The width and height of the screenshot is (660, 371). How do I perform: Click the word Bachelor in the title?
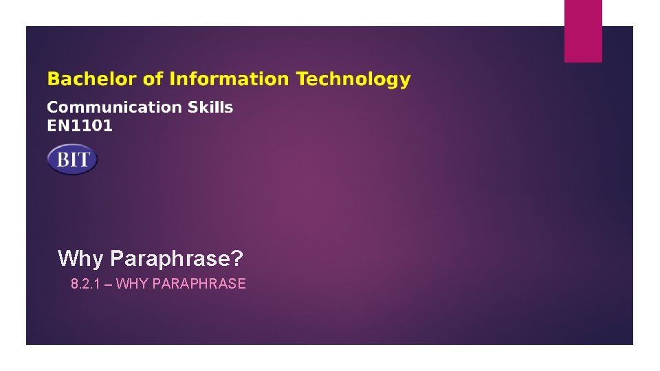(x=91, y=80)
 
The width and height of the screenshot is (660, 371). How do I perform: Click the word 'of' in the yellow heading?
(x=153, y=80)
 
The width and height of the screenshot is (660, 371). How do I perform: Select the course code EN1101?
(x=80, y=126)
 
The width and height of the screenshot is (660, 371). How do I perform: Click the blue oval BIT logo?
(x=72, y=159)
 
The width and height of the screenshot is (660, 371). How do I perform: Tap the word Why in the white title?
(x=81, y=258)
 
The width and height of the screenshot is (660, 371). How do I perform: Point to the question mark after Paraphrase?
(x=237, y=258)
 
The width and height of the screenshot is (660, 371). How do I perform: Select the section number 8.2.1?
(x=85, y=284)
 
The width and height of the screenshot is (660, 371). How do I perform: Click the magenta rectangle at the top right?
(x=583, y=31)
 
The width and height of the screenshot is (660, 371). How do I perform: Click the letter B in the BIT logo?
(x=63, y=160)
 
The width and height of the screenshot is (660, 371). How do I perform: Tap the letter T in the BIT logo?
(x=83, y=160)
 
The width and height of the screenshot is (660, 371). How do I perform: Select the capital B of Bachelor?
(x=53, y=80)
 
